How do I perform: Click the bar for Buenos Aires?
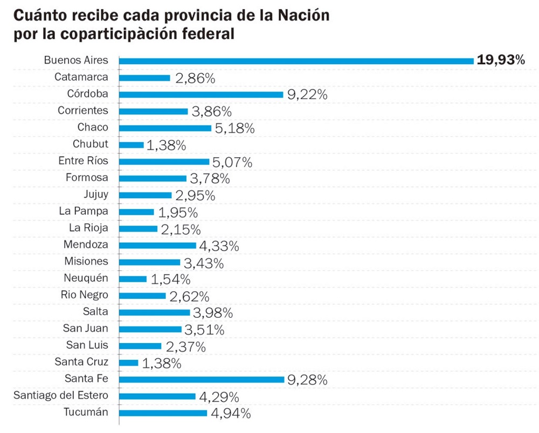[x=296, y=61]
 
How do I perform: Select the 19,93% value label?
[x=501, y=60]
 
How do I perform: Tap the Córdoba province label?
[x=87, y=94]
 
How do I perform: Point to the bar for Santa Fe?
[x=201, y=379]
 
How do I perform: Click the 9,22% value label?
[x=307, y=95]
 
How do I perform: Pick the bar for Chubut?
[x=131, y=145]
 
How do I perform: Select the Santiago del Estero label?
[x=60, y=396]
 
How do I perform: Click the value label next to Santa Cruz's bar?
[x=162, y=364]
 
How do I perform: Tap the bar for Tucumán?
[x=163, y=413]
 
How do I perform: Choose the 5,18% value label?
[x=234, y=129]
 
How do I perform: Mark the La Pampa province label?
[x=84, y=211]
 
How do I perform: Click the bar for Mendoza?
[x=157, y=245]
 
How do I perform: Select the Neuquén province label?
[x=85, y=278]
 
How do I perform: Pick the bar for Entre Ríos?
[x=164, y=162]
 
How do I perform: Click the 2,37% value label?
[x=185, y=347]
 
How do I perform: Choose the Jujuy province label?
[x=95, y=194]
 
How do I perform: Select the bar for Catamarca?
[x=144, y=78]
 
